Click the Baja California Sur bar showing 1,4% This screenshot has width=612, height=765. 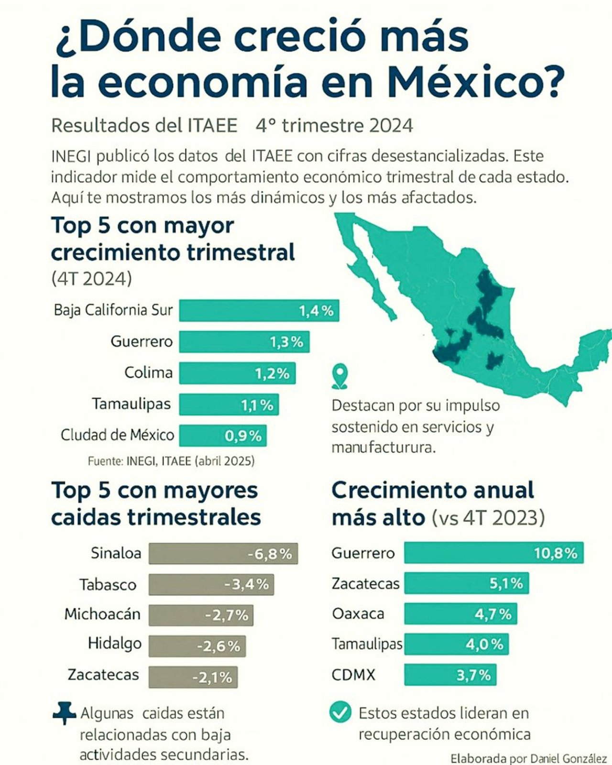pyautogui.click(x=259, y=311)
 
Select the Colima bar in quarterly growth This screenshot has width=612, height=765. pyautogui.click(x=237, y=373)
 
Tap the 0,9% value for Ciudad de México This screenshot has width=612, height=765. pyautogui.click(x=243, y=436)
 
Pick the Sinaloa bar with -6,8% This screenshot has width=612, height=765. pyautogui.click(x=223, y=554)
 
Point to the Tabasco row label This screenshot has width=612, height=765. pyautogui.click(x=108, y=584)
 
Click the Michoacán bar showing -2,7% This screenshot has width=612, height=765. pyautogui.click(x=201, y=615)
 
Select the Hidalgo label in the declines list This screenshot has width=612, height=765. pyautogui.click(x=114, y=644)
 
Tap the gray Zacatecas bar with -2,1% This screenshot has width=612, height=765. pyautogui.click(x=193, y=677)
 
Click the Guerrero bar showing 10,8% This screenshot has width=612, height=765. pyautogui.click(x=493, y=553)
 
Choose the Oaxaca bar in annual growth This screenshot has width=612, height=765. pyautogui.click(x=460, y=614)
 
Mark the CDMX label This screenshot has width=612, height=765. pyautogui.click(x=353, y=675)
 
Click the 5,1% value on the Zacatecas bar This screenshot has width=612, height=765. pyautogui.click(x=506, y=583)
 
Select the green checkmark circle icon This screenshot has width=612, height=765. pyautogui.click(x=340, y=713)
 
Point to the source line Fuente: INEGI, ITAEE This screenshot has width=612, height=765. pyautogui.click(x=171, y=461)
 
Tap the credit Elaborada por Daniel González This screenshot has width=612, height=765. pyautogui.click(x=528, y=758)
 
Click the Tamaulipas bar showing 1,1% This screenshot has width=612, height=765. pyautogui.click(x=229, y=404)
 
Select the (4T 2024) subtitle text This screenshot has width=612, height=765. pyautogui.click(x=91, y=278)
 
